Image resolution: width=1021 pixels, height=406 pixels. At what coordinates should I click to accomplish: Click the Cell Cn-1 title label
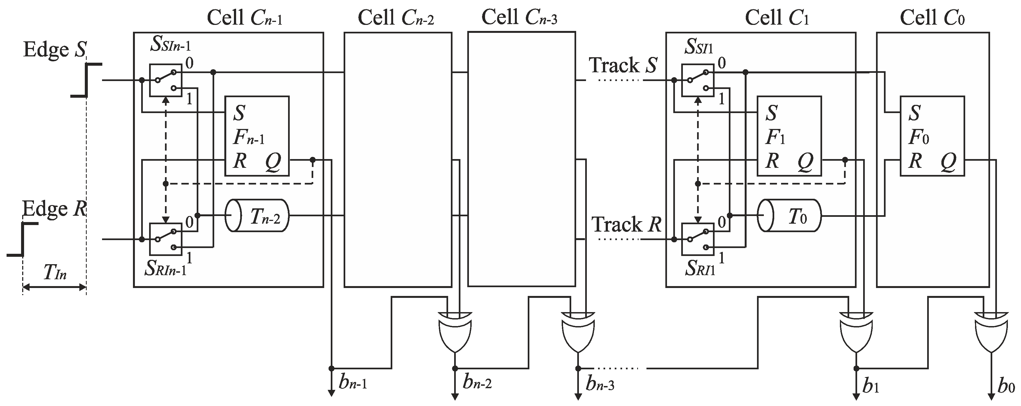click(x=245, y=18)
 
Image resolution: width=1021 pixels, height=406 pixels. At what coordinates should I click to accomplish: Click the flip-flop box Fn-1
click(x=257, y=136)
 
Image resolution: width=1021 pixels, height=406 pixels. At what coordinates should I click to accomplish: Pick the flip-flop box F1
click(x=789, y=136)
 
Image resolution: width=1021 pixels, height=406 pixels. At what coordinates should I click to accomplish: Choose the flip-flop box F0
click(x=932, y=136)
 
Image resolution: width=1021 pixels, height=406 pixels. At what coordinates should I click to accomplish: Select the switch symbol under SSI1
click(x=698, y=80)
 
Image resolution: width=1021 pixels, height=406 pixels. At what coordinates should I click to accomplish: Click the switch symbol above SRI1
click(x=698, y=239)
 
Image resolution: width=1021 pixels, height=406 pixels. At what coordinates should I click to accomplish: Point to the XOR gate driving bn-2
click(x=455, y=331)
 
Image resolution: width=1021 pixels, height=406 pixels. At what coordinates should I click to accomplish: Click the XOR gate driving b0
click(x=991, y=331)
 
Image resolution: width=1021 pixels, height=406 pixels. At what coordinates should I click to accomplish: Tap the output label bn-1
click(x=353, y=383)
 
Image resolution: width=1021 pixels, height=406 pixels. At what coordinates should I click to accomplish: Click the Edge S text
click(x=55, y=50)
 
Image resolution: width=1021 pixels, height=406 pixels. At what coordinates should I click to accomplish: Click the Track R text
click(x=626, y=225)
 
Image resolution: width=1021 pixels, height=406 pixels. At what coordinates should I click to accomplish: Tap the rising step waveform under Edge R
click(x=23, y=240)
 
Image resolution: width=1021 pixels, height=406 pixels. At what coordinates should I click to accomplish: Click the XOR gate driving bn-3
click(x=578, y=331)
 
